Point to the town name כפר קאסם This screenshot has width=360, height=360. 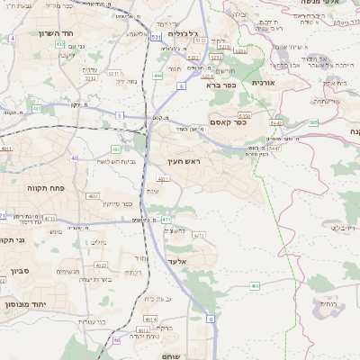pos(229,121)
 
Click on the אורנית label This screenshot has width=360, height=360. pos(261,82)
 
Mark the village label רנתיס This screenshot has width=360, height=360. pos(332,305)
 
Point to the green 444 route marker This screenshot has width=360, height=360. pos(158,76)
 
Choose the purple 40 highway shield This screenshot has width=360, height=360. pos(74,158)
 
